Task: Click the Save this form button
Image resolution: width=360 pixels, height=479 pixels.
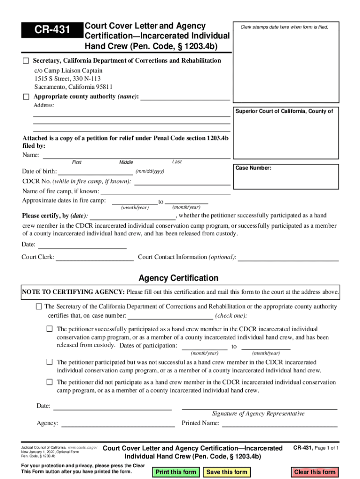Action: pyautogui.click(x=226, y=472)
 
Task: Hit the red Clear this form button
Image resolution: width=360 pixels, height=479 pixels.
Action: pyautogui.click(x=315, y=472)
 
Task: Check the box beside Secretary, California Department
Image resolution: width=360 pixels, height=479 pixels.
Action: pyautogui.click(x=26, y=61)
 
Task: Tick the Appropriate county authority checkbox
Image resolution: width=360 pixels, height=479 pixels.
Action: pyautogui.click(x=26, y=96)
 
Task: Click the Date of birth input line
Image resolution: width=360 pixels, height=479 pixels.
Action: pyautogui.click(x=95, y=171)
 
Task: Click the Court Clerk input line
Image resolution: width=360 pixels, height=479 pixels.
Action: pyautogui.click(x=94, y=257)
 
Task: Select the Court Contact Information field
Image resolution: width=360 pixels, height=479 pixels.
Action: pyautogui.click(x=288, y=257)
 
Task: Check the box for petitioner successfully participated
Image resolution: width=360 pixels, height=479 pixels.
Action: pyautogui.click(x=50, y=329)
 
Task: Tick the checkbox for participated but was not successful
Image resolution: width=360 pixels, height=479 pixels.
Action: pyautogui.click(x=50, y=362)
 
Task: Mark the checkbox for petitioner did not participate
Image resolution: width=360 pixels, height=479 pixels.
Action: pyautogui.click(x=50, y=382)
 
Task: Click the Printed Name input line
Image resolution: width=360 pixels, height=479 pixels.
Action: pyautogui.click(x=279, y=423)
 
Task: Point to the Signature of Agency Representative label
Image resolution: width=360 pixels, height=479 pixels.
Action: pyautogui.click(x=258, y=414)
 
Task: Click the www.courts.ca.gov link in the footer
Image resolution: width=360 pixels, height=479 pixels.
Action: pyautogui.click(x=83, y=448)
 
